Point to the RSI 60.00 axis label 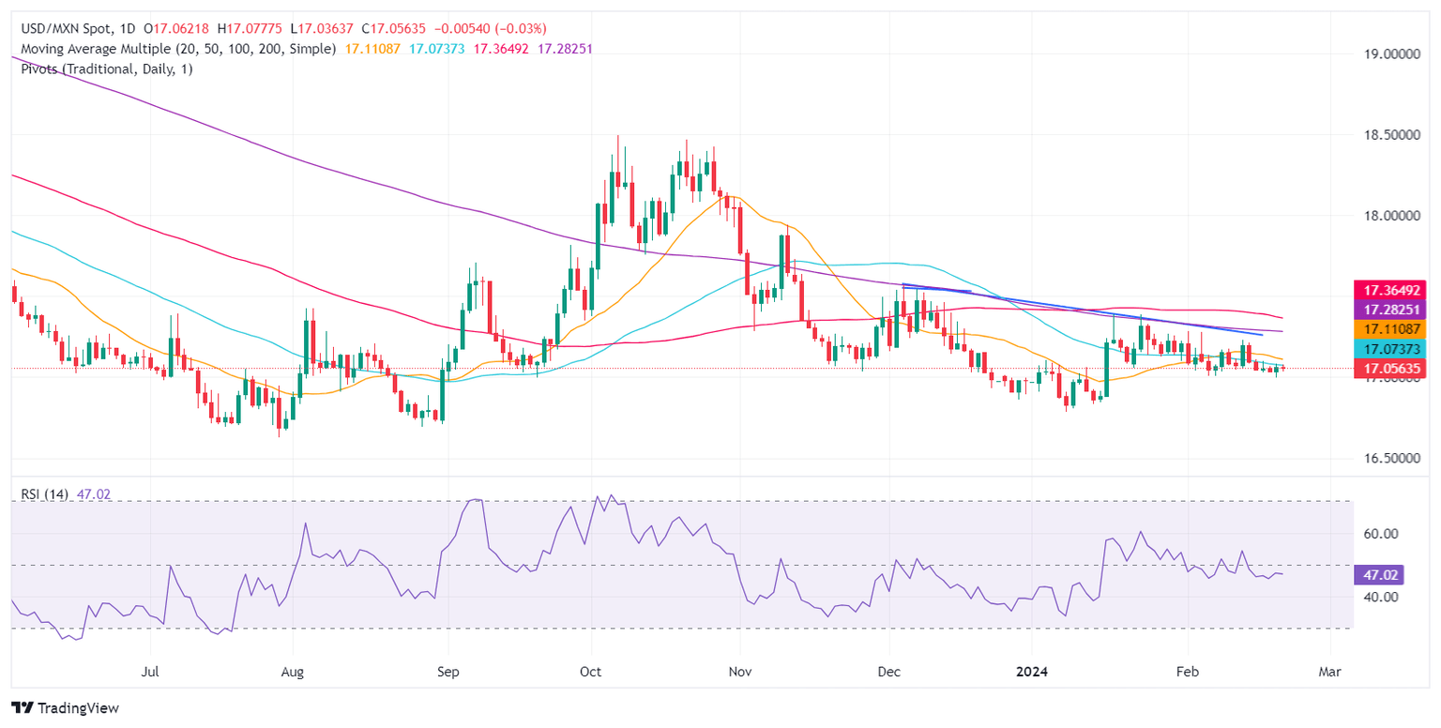(x=1382, y=533)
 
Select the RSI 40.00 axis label (x=1382, y=597)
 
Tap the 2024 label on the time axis (x=1032, y=673)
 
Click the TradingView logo (x=65, y=707)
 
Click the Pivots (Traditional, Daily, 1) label (x=102, y=68)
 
